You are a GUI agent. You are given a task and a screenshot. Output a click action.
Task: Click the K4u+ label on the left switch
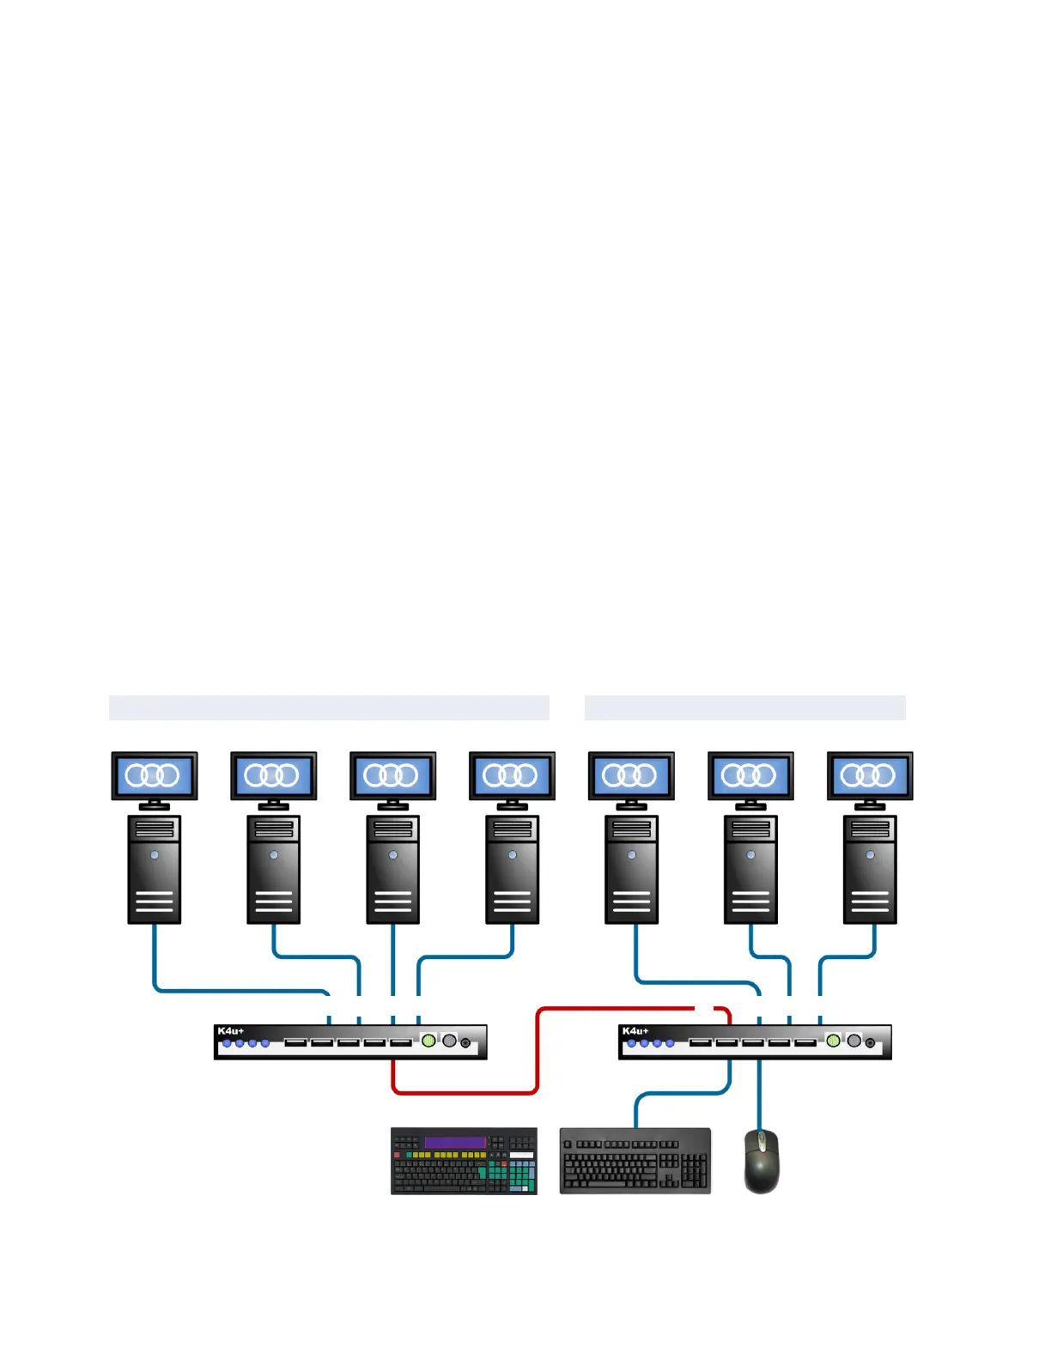(230, 1031)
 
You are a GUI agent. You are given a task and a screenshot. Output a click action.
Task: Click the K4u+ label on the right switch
(635, 1031)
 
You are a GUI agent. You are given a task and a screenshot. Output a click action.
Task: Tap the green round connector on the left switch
(428, 1041)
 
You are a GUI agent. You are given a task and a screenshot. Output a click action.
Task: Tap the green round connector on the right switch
(833, 1041)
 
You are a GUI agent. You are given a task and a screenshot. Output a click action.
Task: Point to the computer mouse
(762, 1162)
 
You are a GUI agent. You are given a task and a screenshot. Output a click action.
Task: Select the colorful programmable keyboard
(464, 1162)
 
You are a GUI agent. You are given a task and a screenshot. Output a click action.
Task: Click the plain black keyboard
(635, 1162)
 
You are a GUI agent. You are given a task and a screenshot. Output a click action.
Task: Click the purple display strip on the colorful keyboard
(455, 1142)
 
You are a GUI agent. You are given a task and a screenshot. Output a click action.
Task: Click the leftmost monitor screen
(154, 775)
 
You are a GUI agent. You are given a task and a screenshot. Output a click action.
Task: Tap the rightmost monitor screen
(870, 775)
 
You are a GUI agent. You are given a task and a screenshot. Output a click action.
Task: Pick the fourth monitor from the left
(512, 775)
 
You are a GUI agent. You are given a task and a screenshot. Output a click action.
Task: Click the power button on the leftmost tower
(155, 855)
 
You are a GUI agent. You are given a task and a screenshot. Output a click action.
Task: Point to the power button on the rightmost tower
(870, 855)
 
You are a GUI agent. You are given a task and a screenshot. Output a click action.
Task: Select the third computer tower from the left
(392, 869)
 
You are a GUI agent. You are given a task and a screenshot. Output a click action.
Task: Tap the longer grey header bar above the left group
(329, 708)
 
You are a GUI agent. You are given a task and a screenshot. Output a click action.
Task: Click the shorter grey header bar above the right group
(744, 708)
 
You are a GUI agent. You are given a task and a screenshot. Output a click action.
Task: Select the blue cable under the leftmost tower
(155, 957)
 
